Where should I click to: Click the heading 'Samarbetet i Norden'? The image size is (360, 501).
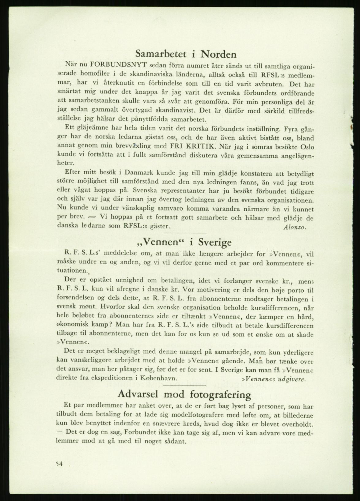tap(186, 54)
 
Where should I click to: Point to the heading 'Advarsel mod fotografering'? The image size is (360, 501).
tap(185, 394)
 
